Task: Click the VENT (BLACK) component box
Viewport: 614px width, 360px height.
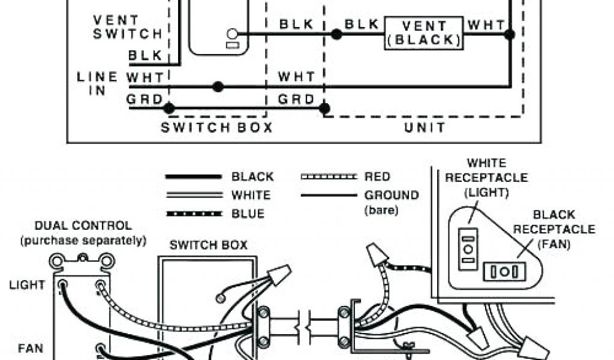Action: pyautogui.click(x=423, y=33)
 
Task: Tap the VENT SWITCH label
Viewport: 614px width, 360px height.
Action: pyautogui.click(x=127, y=27)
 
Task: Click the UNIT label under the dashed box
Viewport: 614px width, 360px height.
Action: pyautogui.click(x=424, y=127)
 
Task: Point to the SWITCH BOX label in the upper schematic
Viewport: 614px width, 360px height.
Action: pyautogui.click(x=216, y=127)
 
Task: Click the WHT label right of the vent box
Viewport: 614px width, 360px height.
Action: pyautogui.click(x=486, y=25)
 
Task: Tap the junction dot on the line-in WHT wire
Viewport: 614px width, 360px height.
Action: pyautogui.click(x=218, y=87)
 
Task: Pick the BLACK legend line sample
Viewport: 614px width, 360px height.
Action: pyautogui.click(x=192, y=177)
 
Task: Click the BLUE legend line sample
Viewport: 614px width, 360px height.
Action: pyautogui.click(x=192, y=214)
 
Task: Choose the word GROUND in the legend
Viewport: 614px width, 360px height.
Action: pyautogui.click(x=392, y=195)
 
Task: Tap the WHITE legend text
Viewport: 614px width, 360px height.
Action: pyautogui.click(x=251, y=195)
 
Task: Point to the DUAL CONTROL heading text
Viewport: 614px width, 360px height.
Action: pyautogui.click(x=83, y=226)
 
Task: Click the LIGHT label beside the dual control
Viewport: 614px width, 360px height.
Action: pyautogui.click(x=27, y=284)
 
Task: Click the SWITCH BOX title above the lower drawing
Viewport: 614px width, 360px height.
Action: pyautogui.click(x=208, y=245)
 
